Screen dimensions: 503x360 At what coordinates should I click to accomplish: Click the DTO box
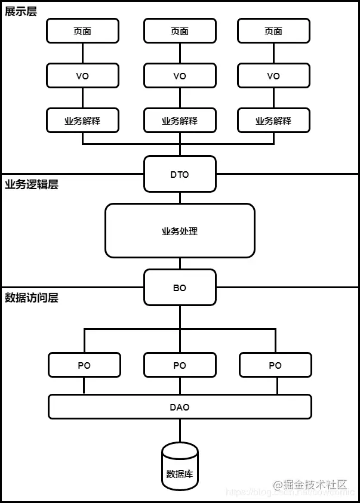pos(180,174)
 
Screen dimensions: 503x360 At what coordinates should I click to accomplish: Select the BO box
pos(180,288)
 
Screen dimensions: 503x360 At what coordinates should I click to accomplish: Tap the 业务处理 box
pos(180,231)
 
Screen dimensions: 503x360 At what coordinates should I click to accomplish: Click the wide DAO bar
pos(180,407)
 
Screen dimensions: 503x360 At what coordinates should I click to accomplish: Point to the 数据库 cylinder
pos(180,471)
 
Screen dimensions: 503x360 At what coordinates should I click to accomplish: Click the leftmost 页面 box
pos(82,31)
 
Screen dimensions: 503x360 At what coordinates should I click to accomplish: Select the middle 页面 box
pos(180,31)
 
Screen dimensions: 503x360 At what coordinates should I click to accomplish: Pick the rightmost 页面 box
pos(273,31)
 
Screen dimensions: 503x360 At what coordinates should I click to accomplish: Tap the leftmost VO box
pos(82,76)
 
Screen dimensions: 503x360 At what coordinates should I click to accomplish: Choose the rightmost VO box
pos(273,76)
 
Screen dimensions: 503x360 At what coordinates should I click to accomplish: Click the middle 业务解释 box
pos(180,121)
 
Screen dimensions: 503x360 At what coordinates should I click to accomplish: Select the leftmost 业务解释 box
pos(82,121)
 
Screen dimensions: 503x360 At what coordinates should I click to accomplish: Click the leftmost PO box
pos(84,365)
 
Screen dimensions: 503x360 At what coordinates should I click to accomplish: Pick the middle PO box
pos(180,365)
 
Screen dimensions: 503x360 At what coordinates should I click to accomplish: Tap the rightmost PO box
pos(275,365)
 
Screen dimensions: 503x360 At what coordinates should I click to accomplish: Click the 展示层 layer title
pos(21,11)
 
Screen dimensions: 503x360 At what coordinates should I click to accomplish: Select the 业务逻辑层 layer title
pos(32,184)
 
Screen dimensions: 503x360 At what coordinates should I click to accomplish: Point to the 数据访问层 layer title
pos(32,298)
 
